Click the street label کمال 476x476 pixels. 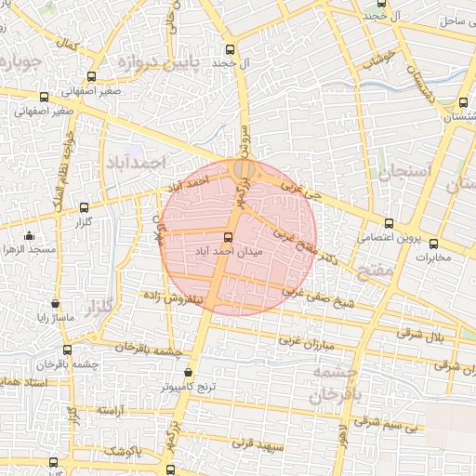[66, 44]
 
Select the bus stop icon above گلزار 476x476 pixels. [86, 207]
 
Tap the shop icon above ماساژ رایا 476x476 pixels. [55, 303]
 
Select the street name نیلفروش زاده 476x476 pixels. [176, 299]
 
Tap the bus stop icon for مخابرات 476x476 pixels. [433, 245]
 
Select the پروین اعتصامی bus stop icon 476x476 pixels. [389, 223]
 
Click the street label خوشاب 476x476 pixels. [380, 56]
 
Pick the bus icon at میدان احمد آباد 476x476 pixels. [229, 236]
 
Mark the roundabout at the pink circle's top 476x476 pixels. [245, 168]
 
